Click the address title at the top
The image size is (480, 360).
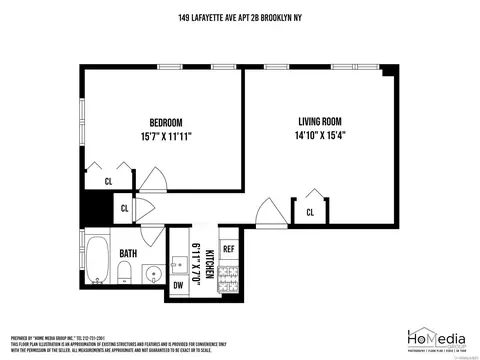tap(240, 17)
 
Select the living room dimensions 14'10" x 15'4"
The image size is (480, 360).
tap(321, 135)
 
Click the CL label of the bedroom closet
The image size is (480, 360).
tap(108, 181)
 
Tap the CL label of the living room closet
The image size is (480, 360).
tap(310, 212)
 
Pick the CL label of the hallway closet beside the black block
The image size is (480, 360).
tap(124, 208)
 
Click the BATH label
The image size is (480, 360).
tap(129, 253)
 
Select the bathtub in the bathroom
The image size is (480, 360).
tap(98, 261)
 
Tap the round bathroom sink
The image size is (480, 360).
tap(152, 273)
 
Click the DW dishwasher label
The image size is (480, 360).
tap(178, 283)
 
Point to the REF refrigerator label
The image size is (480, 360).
tap(228, 248)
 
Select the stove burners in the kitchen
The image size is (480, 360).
tap(228, 276)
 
